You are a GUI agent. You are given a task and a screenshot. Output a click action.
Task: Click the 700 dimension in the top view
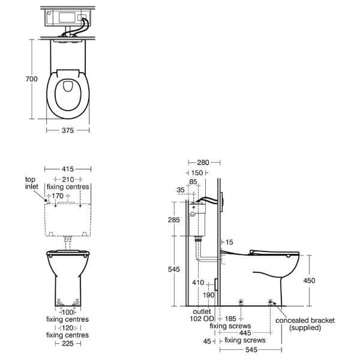tap(31, 79)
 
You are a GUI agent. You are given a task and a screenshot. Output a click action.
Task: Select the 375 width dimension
tap(68, 130)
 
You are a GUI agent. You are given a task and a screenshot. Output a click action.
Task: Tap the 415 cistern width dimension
tap(68, 169)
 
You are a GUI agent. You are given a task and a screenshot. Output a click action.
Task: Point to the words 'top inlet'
tap(31, 183)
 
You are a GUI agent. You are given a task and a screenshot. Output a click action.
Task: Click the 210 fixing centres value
tap(68, 179)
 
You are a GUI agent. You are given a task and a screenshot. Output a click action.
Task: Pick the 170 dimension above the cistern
tap(58, 196)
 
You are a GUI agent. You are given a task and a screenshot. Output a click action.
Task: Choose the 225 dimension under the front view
tap(68, 343)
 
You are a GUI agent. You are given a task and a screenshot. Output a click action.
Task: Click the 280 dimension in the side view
tap(203, 163)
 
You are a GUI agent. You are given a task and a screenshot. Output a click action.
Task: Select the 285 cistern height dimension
tap(174, 220)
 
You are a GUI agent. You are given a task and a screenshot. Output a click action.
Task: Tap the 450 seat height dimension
tap(309, 280)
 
